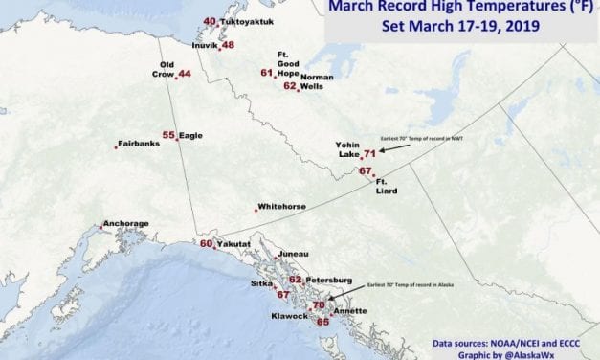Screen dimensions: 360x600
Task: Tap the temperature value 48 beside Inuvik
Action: (x=228, y=45)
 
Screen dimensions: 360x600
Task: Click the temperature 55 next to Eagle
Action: (x=168, y=136)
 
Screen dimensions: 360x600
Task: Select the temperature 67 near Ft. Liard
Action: (x=365, y=171)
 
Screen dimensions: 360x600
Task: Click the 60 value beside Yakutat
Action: (x=206, y=243)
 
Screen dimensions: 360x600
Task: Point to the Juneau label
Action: (x=293, y=254)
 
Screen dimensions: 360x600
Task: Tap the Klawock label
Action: (x=288, y=315)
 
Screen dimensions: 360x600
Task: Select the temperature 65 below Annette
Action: (x=322, y=322)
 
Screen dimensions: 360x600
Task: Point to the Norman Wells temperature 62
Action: (x=290, y=86)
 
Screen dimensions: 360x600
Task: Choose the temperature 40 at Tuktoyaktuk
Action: (x=211, y=21)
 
